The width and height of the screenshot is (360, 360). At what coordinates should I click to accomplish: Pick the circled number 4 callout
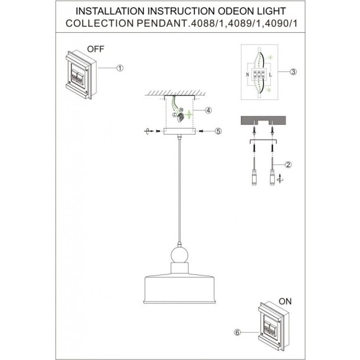click(209, 110)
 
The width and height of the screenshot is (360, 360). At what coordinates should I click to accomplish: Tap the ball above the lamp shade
click(180, 256)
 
